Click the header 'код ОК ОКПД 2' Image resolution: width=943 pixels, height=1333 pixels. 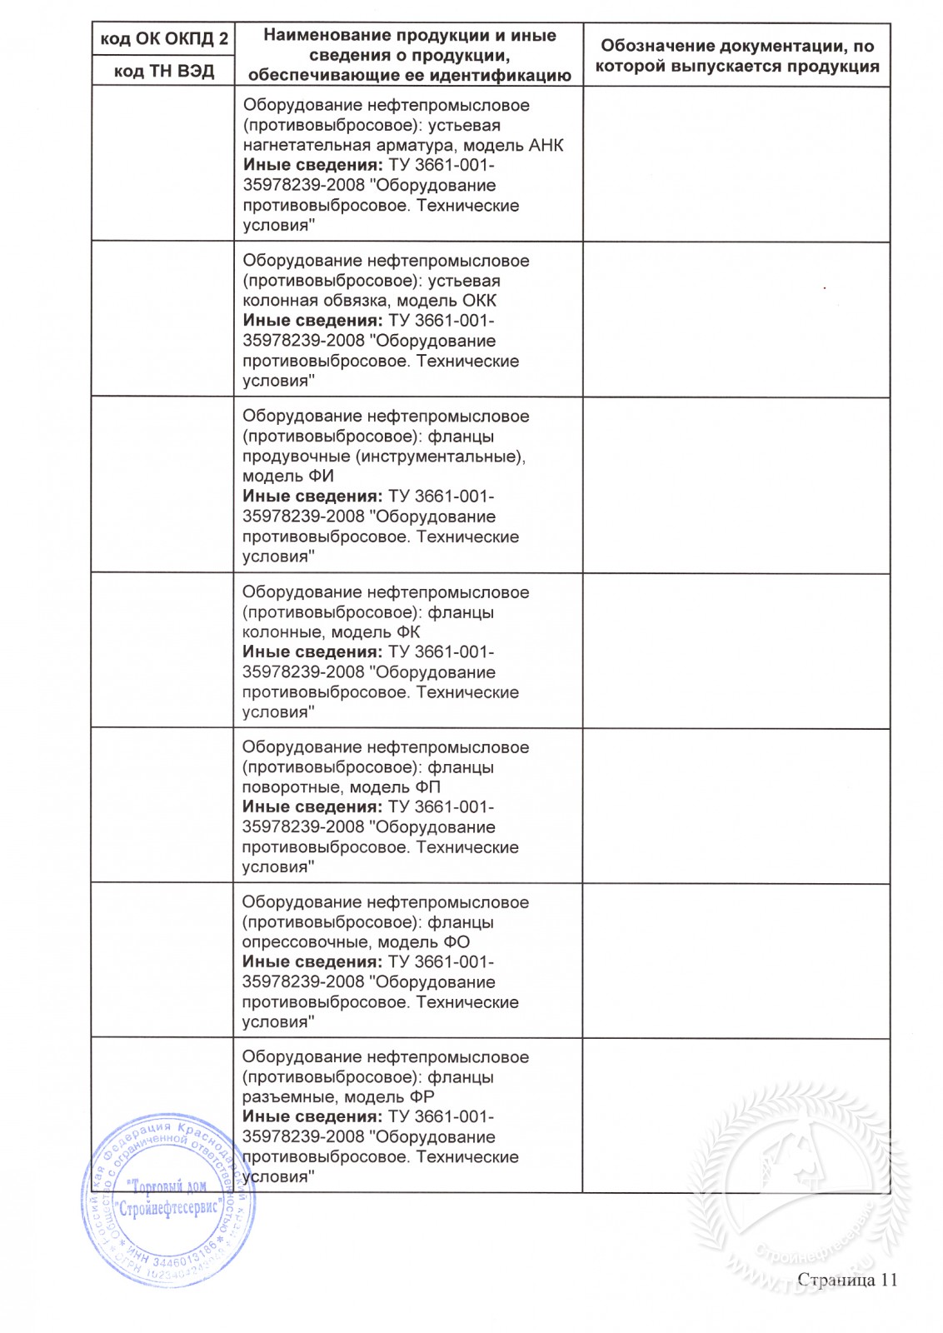pyautogui.click(x=164, y=39)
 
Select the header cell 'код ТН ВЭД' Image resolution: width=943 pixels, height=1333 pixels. pyautogui.click(x=164, y=72)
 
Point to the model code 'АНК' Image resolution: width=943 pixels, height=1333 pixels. pyautogui.click(x=546, y=146)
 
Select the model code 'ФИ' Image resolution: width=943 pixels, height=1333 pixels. pyautogui.click(x=322, y=477)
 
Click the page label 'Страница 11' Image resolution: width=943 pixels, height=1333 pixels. pyautogui.click(x=847, y=1280)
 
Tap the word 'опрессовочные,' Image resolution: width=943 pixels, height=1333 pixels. pyautogui.click(x=307, y=942)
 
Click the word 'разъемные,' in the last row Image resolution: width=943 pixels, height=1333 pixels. pyautogui.click(x=289, y=1097)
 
